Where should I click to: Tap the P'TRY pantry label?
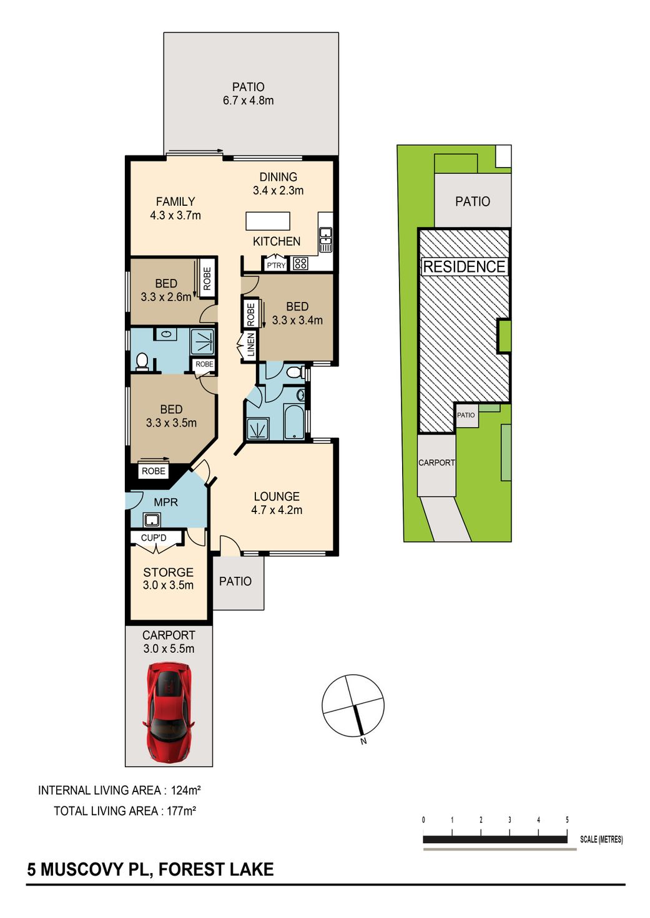click(x=276, y=265)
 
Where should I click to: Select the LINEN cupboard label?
click(x=251, y=344)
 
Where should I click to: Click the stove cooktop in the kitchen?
click(x=301, y=263)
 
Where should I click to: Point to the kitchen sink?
click(x=325, y=239)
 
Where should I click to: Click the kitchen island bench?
click(x=268, y=221)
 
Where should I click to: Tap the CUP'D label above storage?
click(x=154, y=538)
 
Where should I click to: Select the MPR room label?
click(x=166, y=502)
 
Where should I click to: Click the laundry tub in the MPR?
click(x=152, y=520)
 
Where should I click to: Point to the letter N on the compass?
click(x=363, y=741)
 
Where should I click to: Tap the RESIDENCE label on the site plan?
click(x=464, y=267)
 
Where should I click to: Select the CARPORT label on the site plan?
click(x=436, y=463)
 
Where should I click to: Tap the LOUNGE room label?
click(x=277, y=496)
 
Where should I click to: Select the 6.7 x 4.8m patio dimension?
click(x=249, y=100)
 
